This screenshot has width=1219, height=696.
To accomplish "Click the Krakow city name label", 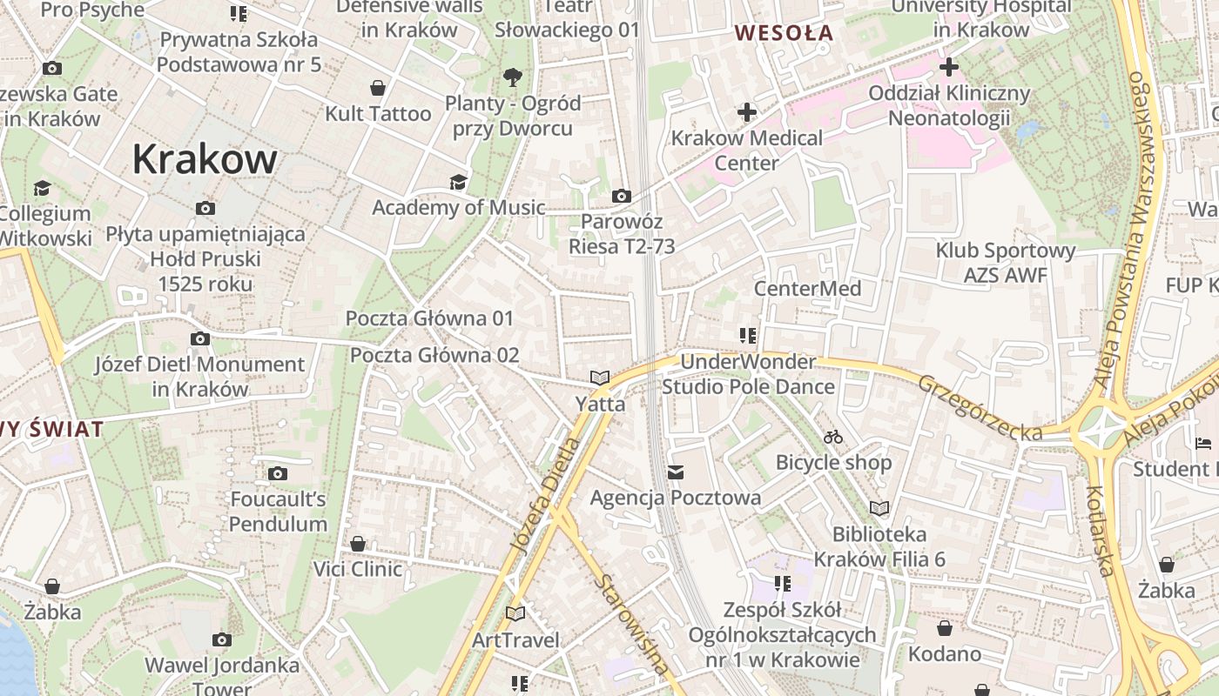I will point(205,159).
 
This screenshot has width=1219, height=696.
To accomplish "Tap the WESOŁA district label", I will point(784,34).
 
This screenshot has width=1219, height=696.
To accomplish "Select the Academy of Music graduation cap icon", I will point(458,182).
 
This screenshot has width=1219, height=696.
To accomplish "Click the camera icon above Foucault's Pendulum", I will point(278,473).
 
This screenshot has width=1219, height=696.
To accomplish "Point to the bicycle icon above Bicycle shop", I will point(833,437).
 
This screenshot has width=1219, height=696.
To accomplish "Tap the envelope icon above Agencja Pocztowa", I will point(676,472).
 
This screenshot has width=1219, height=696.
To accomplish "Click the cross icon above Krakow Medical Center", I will point(746,112).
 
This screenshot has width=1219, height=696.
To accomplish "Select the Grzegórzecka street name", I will point(980,407).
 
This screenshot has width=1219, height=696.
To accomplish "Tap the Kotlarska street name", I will point(1101,531).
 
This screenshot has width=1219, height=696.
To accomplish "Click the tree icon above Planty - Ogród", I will point(513,77).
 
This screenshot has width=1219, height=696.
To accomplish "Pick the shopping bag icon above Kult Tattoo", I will point(378,88).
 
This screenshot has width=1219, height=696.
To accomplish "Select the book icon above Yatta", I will point(599,378).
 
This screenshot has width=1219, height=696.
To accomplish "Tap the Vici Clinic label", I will point(358,569).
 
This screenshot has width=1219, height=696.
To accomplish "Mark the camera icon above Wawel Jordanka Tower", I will point(222,639).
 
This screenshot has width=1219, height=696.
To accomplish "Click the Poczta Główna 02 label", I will point(434,355).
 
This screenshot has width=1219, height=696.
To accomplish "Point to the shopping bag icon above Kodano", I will point(945,628).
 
